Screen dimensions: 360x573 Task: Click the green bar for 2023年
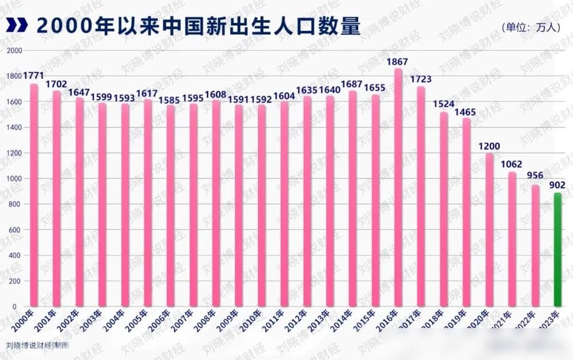pyautogui.click(x=557, y=249)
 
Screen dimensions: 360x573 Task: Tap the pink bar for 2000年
pyautogui.click(x=34, y=195)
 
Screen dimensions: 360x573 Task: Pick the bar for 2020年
pyautogui.click(x=489, y=229)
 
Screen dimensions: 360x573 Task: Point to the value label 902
pyautogui.click(x=557, y=185)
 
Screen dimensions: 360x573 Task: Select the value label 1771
pyautogui.click(x=34, y=76)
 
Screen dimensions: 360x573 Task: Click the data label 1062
pyautogui.click(x=511, y=164)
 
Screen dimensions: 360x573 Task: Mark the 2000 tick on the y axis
pyautogui.click(x=14, y=50)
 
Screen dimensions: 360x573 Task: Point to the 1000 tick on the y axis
pyautogui.click(x=14, y=179)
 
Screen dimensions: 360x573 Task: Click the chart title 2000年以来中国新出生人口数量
pyautogui.click(x=198, y=25)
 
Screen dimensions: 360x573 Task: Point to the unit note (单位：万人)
pyautogui.click(x=529, y=27)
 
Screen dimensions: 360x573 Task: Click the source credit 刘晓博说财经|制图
pyautogui.click(x=38, y=346)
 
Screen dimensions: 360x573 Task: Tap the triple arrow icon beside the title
pyautogui.click(x=17, y=25)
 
